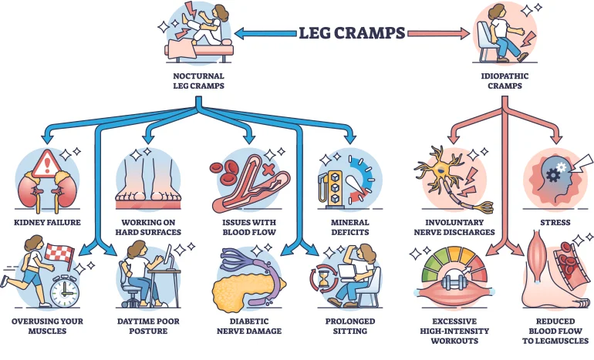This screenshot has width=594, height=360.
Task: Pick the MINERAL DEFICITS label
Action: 348,227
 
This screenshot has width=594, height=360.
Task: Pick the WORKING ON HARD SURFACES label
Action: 146,227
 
